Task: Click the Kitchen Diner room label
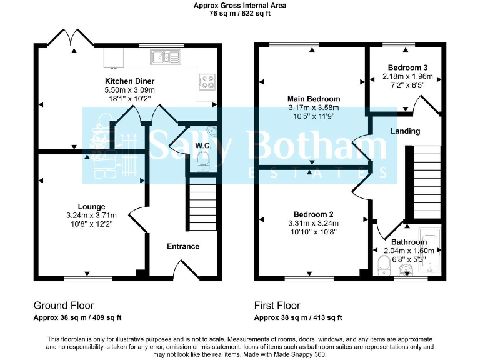click(129, 81)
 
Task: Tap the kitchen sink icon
click(166, 57)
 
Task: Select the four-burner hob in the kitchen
click(207, 81)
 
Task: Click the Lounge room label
click(91, 207)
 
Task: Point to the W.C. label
click(203, 146)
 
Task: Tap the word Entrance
click(183, 246)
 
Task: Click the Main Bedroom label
click(314, 99)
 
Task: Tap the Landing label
click(405, 131)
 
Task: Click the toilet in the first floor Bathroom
click(384, 264)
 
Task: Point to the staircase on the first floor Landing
click(423, 181)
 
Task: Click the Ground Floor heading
click(64, 306)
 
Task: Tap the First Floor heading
click(277, 306)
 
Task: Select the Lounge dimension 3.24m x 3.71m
click(91, 215)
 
